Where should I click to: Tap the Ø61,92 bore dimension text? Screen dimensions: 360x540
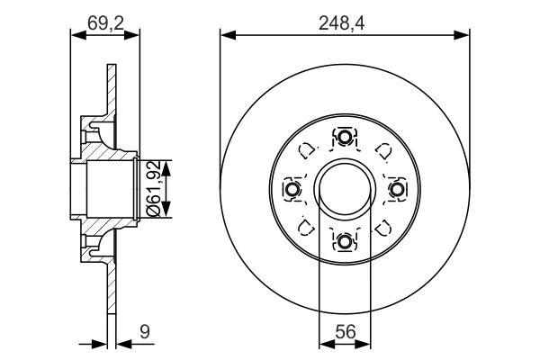point(153,188)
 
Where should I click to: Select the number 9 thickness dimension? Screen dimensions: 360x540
point(143,332)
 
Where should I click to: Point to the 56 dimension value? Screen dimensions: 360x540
point(345,332)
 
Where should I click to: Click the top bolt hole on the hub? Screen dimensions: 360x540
point(345,138)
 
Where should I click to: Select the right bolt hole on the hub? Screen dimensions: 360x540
point(396,189)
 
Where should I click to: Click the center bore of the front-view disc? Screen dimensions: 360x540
point(345,189)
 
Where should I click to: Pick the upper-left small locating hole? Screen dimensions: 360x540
point(307,151)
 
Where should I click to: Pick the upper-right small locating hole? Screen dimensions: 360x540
point(382,151)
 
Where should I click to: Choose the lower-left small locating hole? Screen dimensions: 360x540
point(307,226)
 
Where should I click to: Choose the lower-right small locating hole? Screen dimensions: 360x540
point(382,226)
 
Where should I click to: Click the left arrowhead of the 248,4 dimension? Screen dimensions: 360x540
point(226,35)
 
